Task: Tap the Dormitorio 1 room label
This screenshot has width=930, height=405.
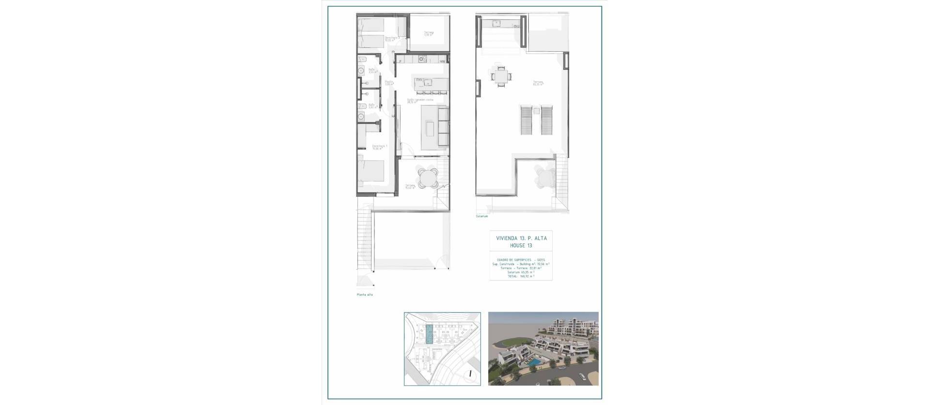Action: [379, 148]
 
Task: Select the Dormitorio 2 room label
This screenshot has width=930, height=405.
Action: [391, 39]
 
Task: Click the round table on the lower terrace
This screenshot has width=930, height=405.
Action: [428, 178]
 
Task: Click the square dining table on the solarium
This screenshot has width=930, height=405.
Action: [500, 76]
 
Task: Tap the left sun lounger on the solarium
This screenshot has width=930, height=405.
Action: [526, 120]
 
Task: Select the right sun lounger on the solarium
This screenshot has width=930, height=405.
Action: [546, 120]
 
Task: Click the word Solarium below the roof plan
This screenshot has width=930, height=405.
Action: [481, 216]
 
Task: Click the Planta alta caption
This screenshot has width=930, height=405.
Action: [365, 295]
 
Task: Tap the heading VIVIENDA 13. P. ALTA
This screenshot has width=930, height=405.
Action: [520, 238]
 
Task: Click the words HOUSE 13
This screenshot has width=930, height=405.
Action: [520, 245]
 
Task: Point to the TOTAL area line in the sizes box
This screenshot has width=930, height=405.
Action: [520, 276]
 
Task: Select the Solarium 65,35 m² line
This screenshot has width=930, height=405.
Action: [520, 272]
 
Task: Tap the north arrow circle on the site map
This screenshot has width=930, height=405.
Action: [470, 374]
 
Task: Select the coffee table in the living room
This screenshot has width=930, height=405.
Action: [430, 129]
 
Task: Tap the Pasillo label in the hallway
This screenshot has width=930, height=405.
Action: [388, 83]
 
